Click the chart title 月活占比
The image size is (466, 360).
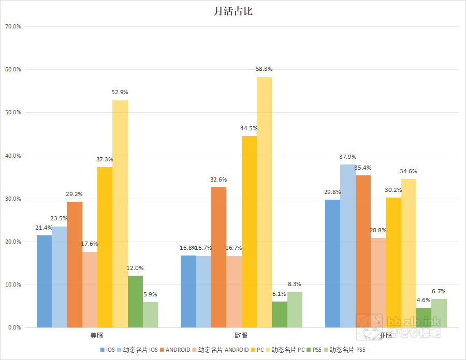point(233,11)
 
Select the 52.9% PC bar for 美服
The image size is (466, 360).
point(120,214)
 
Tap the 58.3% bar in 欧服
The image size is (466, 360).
point(264,202)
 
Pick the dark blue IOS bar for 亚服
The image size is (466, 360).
point(332,263)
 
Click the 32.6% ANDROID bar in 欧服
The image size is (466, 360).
point(219,257)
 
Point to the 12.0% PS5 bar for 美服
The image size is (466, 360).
point(135,302)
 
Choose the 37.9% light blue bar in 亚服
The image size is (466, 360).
point(348,246)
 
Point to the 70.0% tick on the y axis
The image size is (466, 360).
point(12,26)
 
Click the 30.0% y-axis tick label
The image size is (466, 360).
point(12,199)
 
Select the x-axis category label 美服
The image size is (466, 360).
point(97,335)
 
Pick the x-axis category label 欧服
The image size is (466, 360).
point(241,335)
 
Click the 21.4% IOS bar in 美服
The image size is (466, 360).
point(44,281)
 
